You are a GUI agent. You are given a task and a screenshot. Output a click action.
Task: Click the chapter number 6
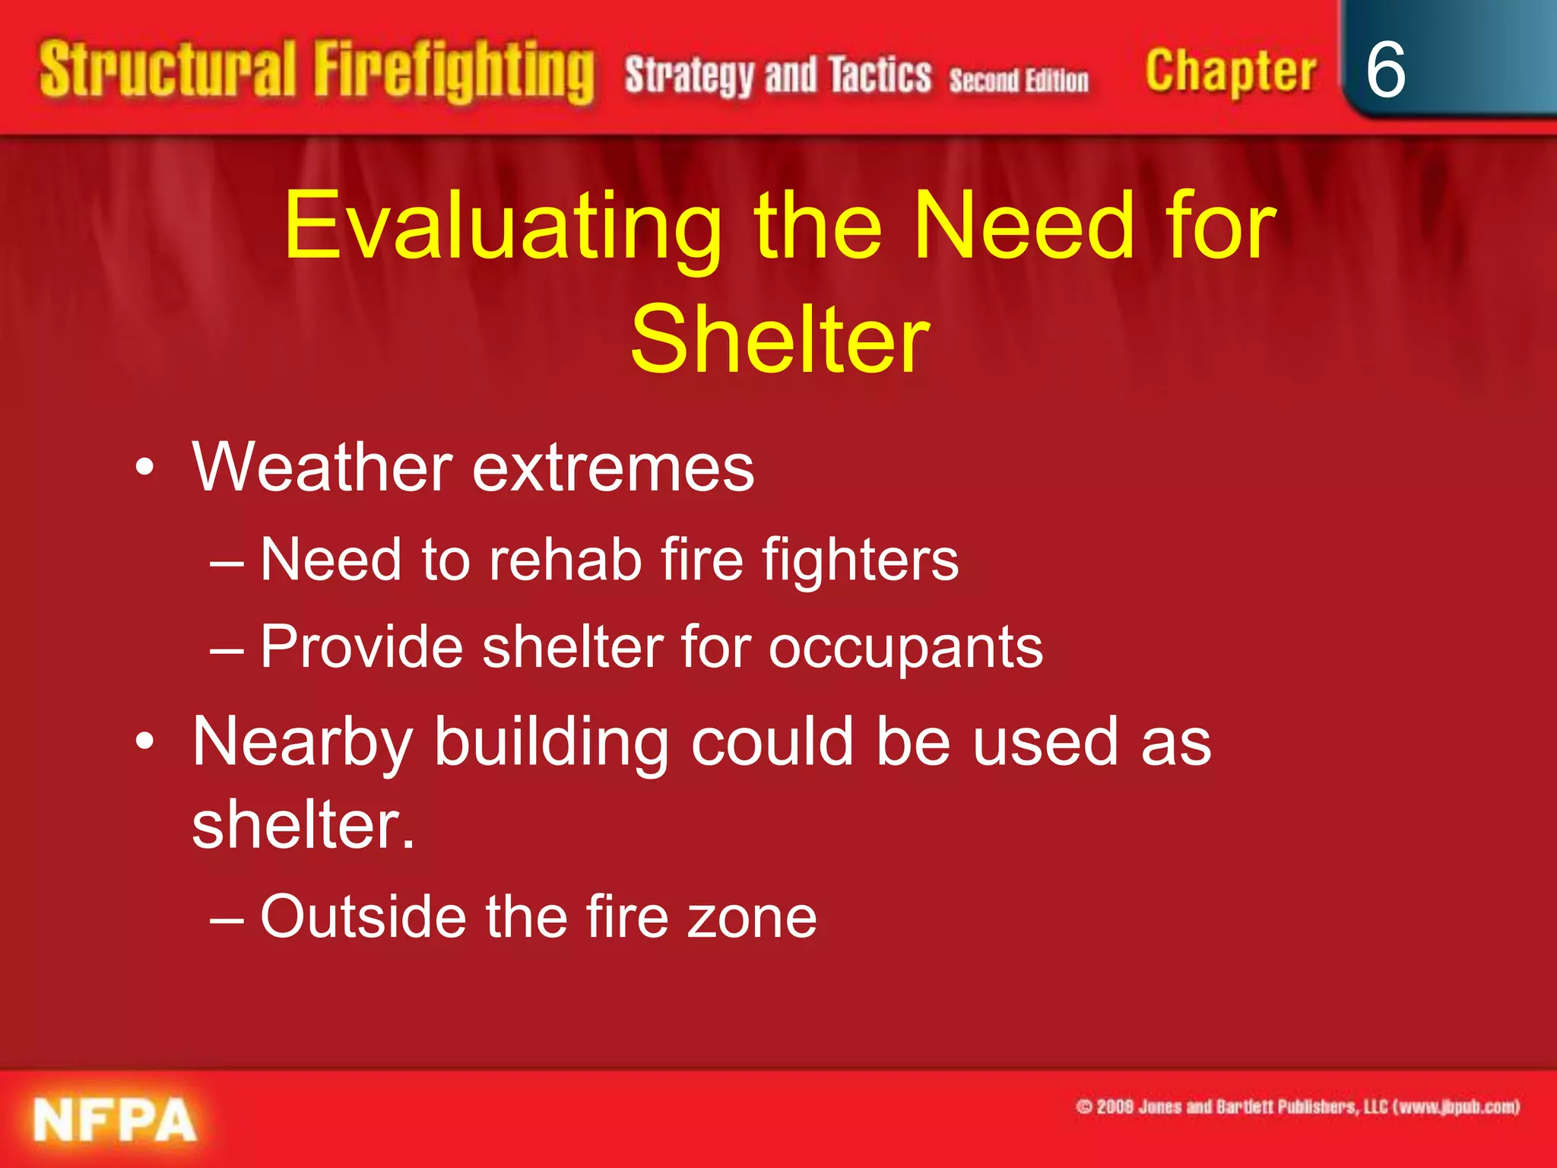(1385, 70)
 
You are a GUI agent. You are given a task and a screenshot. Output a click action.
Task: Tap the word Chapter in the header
(1230, 71)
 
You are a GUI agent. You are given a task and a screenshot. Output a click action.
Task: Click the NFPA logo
(114, 1119)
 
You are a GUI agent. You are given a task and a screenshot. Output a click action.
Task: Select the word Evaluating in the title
(502, 226)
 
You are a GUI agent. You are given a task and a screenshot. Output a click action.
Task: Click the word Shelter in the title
(779, 339)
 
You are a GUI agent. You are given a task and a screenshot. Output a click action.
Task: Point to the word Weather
(322, 467)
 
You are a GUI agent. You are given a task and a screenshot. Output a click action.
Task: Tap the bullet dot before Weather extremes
(144, 467)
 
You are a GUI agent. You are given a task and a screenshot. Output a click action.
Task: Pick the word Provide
(361, 646)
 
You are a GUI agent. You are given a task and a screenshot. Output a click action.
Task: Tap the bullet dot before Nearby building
(144, 741)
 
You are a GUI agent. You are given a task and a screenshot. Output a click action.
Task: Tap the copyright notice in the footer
(1297, 1106)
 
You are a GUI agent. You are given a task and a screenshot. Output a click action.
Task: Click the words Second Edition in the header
(1018, 80)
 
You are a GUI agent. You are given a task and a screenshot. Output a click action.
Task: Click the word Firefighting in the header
(454, 71)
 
